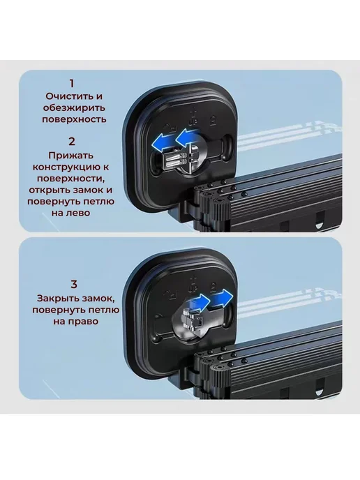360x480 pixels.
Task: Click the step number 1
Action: click(x=72, y=83)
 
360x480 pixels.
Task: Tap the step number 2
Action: click(x=72, y=142)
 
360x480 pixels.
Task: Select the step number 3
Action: click(x=74, y=284)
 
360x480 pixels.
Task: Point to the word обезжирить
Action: click(x=74, y=107)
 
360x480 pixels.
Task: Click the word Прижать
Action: click(x=70, y=156)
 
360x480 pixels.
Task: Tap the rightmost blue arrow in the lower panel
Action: click(x=222, y=298)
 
